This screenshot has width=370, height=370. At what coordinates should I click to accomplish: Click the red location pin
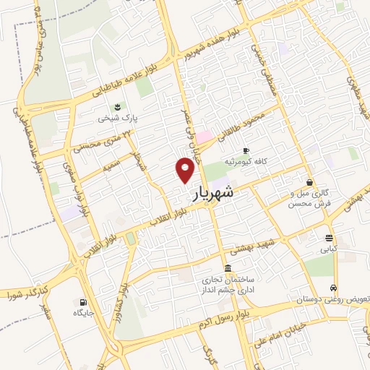point(186,170)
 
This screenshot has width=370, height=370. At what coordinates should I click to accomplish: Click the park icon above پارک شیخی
point(118,107)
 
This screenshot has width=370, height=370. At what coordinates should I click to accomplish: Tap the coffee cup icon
point(246,150)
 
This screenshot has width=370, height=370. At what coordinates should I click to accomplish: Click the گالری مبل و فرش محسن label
point(309,198)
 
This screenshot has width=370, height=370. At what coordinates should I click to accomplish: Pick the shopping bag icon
point(310,183)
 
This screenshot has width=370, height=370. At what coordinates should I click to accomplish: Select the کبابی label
point(329,249)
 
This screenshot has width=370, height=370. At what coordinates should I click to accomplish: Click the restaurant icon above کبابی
point(330,238)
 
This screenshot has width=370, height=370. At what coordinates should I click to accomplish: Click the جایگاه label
point(84,313)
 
